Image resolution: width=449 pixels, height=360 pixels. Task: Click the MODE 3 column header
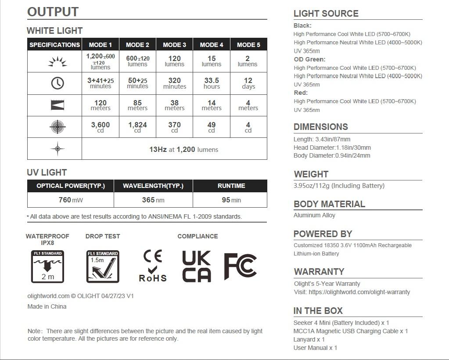(x=174, y=45)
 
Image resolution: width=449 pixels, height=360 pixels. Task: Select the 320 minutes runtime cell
(x=174, y=83)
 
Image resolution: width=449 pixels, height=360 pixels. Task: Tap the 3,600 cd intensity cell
(x=101, y=127)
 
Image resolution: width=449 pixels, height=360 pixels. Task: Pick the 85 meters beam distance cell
(x=137, y=105)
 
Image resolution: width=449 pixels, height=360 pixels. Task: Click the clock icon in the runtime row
(x=57, y=83)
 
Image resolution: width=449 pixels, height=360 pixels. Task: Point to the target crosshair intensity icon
(x=57, y=127)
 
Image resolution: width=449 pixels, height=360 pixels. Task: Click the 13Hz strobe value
(x=158, y=149)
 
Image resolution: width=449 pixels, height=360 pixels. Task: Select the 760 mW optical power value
(x=70, y=200)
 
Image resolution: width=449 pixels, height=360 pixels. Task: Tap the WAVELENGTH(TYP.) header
(x=153, y=186)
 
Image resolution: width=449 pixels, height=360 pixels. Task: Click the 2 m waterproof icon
(x=47, y=266)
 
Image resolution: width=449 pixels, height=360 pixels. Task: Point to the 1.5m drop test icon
(x=103, y=266)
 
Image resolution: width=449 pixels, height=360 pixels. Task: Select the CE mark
(x=153, y=256)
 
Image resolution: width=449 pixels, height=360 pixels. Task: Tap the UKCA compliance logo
(x=197, y=266)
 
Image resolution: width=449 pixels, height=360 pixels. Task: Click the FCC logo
(x=241, y=266)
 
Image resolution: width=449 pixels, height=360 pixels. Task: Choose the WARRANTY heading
(x=319, y=271)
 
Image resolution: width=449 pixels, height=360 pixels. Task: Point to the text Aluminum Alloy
(x=314, y=215)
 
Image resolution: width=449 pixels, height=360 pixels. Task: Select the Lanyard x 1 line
(x=309, y=339)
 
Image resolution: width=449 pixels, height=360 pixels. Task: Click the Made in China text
(x=47, y=306)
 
